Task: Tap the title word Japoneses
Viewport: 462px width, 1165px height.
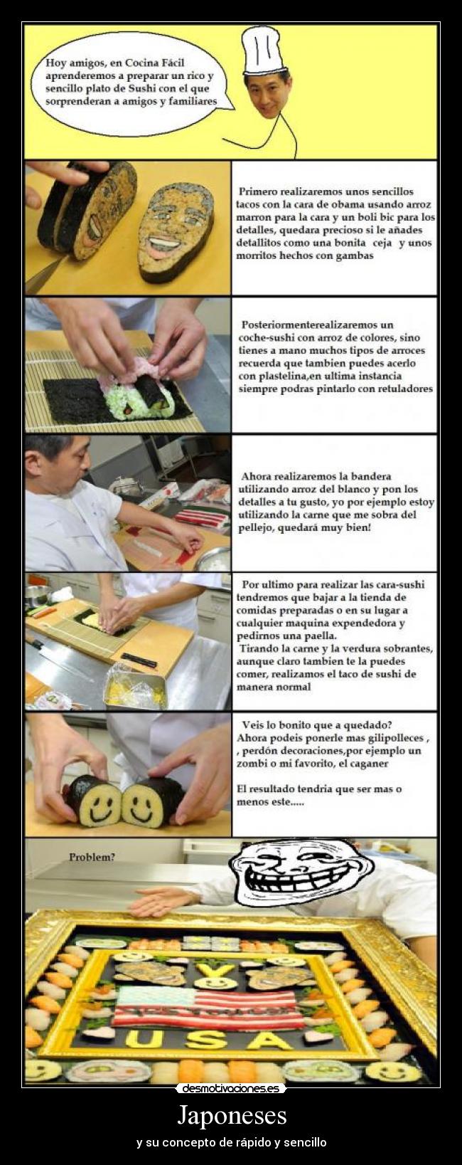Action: [x=231, y=1114]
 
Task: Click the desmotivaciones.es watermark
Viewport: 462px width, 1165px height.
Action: [x=231, y=1088]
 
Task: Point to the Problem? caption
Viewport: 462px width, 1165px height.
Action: [x=92, y=857]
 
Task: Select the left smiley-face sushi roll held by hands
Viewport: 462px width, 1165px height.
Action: [x=91, y=801]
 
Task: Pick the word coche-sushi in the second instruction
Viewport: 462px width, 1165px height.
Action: [x=269, y=337]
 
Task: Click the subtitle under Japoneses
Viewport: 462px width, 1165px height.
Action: [x=231, y=1142]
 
